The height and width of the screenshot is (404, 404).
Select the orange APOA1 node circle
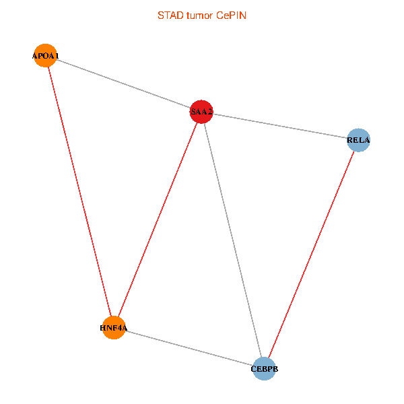pos(46,55)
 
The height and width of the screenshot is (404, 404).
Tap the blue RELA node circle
pos(358,140)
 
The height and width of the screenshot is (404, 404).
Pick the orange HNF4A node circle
pos(114,328)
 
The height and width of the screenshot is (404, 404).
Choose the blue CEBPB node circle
pos(265,368)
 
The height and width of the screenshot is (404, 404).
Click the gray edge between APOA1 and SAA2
pos(124,84)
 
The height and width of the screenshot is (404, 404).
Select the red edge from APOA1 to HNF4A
pos(80,192)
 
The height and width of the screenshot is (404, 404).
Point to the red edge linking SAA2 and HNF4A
pos(158,220)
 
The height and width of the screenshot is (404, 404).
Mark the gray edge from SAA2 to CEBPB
pos(233,240)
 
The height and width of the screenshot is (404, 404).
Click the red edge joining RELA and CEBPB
pos(311,255)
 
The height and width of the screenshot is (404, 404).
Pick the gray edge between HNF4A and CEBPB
pos(189,348)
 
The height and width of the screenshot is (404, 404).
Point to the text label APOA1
pos(46,56)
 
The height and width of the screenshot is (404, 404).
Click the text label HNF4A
pos(113,329)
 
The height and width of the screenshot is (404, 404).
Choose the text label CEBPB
pos(265,369)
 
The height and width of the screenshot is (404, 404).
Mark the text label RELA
pos(358,141)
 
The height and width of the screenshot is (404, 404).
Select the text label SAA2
pos(201,111)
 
